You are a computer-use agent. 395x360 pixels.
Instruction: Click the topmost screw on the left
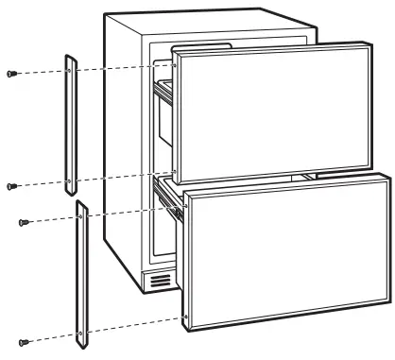(10, 73)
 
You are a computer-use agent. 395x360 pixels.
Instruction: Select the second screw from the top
(10, 185)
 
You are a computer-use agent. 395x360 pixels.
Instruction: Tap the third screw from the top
(25, 222)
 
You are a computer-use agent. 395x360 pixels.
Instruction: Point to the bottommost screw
(25, 341)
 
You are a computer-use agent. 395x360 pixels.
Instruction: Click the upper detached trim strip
(70, 123)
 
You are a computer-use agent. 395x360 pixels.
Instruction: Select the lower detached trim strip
(83, 274)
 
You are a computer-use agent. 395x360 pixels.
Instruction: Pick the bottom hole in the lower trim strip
(85, 331)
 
